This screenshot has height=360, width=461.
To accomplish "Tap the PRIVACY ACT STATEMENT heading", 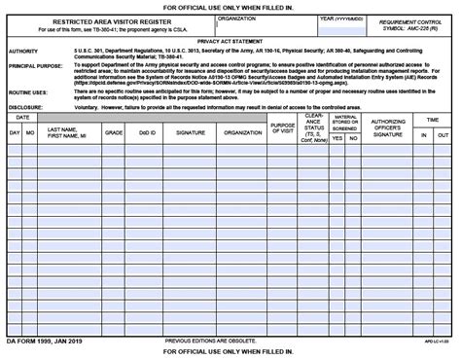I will coord(230,41).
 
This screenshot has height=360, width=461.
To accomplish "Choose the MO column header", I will coord(30,129).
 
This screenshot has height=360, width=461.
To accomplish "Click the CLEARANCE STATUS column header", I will coord(314,127).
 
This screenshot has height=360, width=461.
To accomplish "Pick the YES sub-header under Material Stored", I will coord(337,137).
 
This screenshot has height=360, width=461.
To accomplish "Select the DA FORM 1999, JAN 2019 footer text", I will coord(39,342).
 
